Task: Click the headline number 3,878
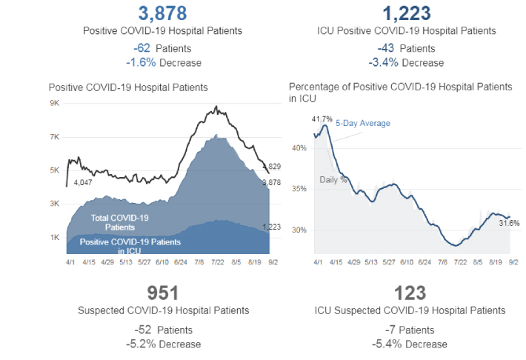pos(162,13)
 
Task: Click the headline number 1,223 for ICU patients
pos(407,13)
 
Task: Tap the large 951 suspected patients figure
pos(163,293)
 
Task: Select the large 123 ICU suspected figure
pos(407,293)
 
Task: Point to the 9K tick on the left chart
pos(55,104)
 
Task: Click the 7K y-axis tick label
pos(55,137)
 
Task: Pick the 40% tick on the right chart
pos(299,148)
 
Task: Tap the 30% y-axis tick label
pos(299,230)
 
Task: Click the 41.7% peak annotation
pos(322,119)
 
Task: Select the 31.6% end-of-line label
pos(509,222)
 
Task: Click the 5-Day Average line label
pos(362,123)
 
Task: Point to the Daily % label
pos(333,180)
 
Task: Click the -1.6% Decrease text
pos(163,62)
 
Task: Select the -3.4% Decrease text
pos(407,62)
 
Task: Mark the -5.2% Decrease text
pos(163,344)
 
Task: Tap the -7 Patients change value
pos(407,330)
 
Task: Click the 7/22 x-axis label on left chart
pos(221,261)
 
